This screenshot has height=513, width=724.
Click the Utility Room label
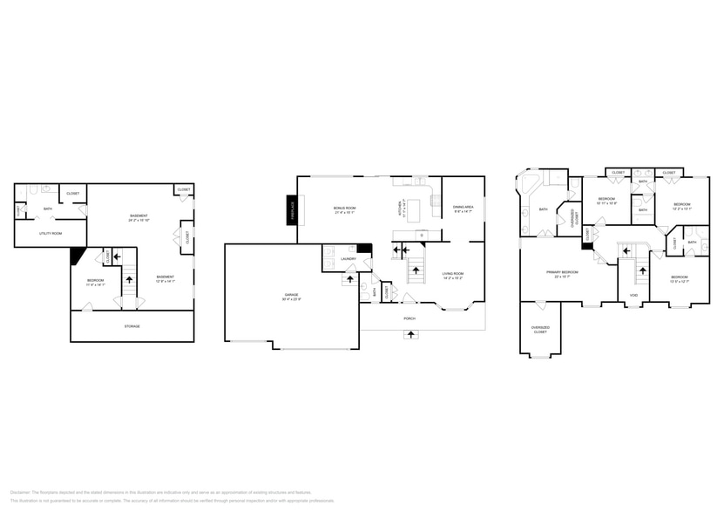[x=51, y=233]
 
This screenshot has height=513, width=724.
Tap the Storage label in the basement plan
[x=132, y=326]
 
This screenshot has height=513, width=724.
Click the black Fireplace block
[x=292, y=210]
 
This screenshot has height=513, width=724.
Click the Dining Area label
[x=463, y=209]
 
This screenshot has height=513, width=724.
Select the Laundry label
[x=348, y=258]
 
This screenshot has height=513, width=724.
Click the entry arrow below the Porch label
[x=409, y=334]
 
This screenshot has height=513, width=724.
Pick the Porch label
[x=409, y=318]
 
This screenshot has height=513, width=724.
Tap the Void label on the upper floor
[x=633, y=296]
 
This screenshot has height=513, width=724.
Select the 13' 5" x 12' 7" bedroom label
[x=680, y=279]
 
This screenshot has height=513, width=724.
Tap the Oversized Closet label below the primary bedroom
[x=540, y=331]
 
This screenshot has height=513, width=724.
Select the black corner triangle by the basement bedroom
[x=77, y=254]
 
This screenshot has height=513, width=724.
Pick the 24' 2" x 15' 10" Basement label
[x=139, y=218]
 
